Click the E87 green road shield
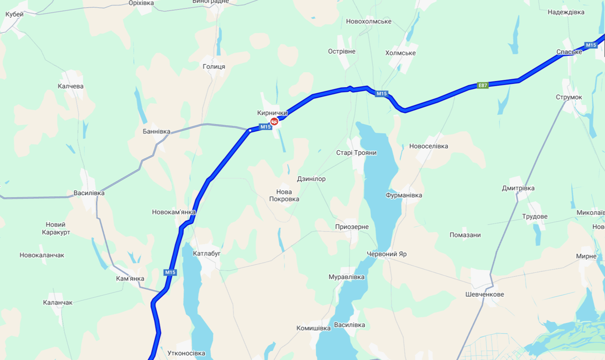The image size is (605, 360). pyautogui.click(x=483, y=85)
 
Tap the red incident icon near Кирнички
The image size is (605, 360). pyautogui.click(x=274, y=122)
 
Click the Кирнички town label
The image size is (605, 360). pyautogui.click(x=272, y=113)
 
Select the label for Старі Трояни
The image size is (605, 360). pyautogui.click(x=356, y=153)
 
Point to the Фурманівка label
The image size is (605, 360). pyautogui.click(x=404, y=195)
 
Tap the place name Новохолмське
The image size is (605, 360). pyautogui.click(x=369, y=22)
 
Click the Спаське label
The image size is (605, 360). pyautogui.click(x=569, y=52)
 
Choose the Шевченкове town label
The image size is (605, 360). pyautogui.click(x=484, y=294)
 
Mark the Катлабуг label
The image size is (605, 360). pyautogui.click(x=207, y=254)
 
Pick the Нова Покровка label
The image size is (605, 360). pyautogui.click(x=284, y=195)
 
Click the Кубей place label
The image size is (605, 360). pyautogui.click(x=15, y=15)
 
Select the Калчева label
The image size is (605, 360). pyautogui.click(x=70, y=86)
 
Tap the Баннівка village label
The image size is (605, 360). pyautogui.click(x=157, y=132)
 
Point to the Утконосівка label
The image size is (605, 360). pyautogui.click(x=186, y=353)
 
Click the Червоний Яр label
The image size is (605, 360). pyautogui.click(x=386, y=254)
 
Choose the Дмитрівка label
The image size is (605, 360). pyautogui.click(x=518, y=188)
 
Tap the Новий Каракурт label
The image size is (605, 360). pyautogui.click(x=56, y=228)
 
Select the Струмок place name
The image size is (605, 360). pyautogui.click(x=569, y=97)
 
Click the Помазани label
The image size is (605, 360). pyautogui.click(x=465, y=235)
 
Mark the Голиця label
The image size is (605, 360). pyautogui.click(x=214, y=67)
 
